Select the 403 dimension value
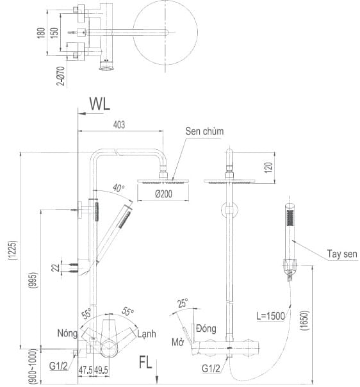tap(120, 125)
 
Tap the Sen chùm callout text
tap(203, 131)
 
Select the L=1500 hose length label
tap(269, 315)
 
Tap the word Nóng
tap(67, 334)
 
